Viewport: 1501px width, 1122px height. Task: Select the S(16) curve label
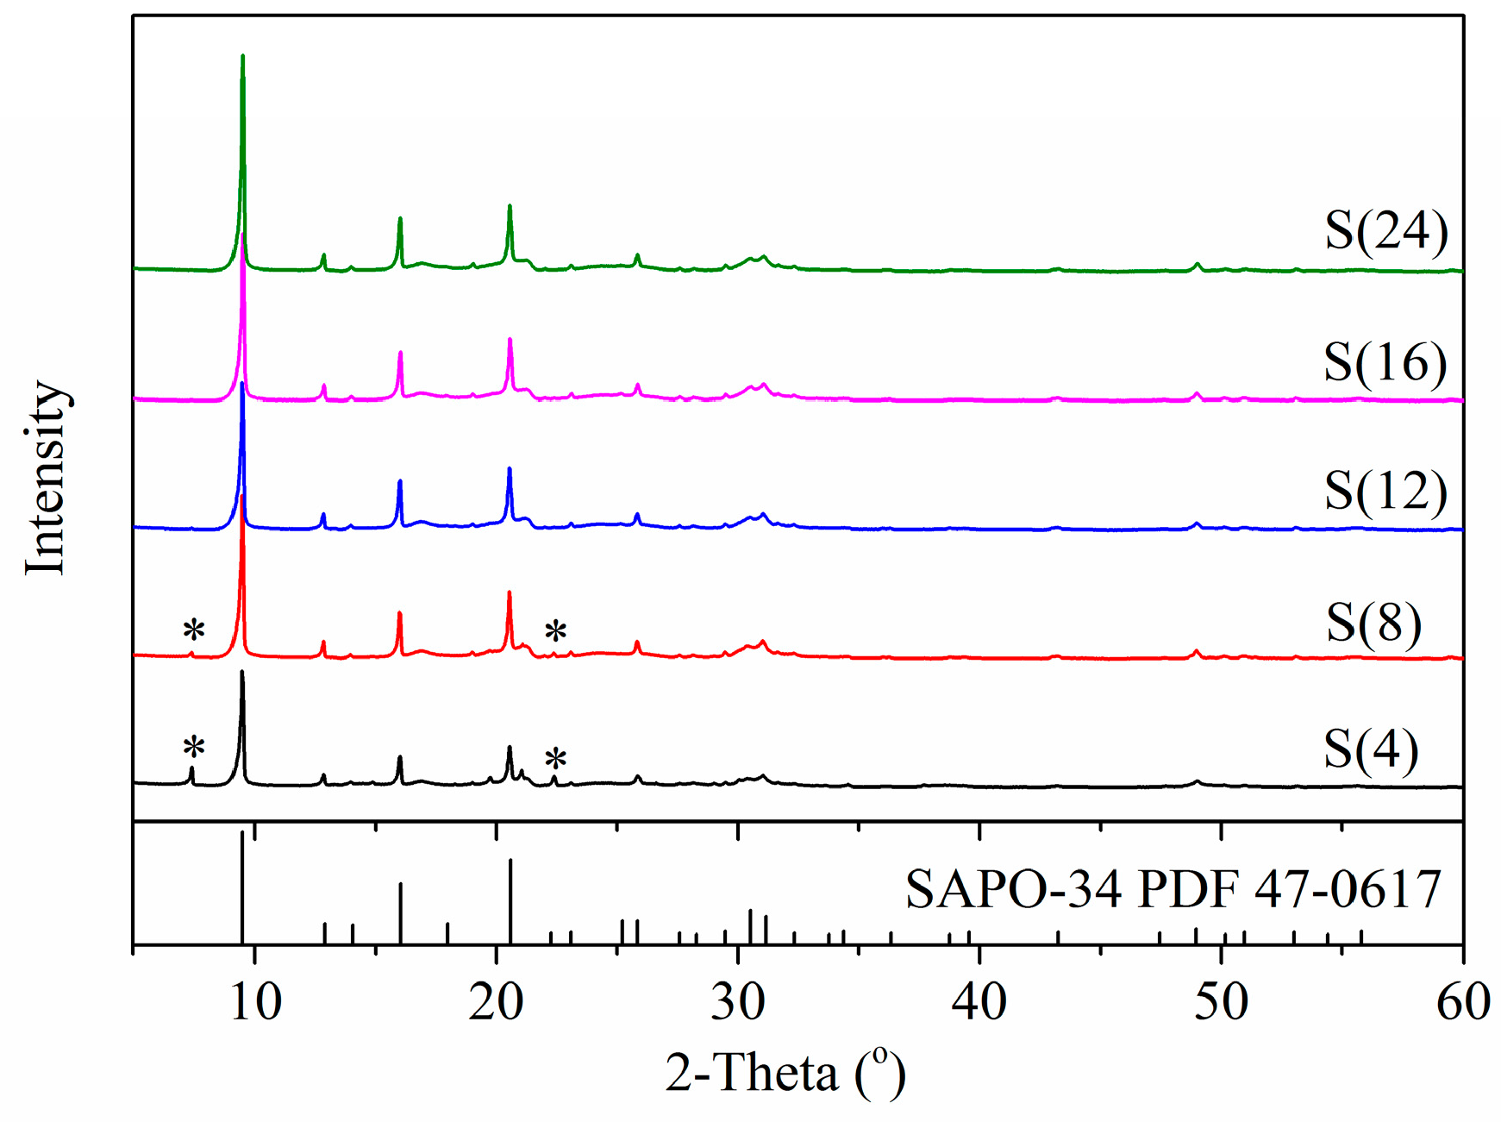click(x=1385, y=361)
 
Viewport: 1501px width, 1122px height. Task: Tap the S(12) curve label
click(x=1385, y=491)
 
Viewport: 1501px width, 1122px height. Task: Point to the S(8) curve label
click(x=1373, y=622)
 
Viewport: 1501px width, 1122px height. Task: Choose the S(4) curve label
click(x=1371, y=749)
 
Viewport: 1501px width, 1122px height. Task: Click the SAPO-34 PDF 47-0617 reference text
click(x=1173, y=889)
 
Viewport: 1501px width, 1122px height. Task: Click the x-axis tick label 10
click(x=255, y=1002)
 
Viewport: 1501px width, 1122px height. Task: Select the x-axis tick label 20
click(x=497, y=1002)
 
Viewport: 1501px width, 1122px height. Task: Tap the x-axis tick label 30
click(x=738, y=1002)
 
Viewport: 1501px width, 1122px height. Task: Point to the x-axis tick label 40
click(x=979, y=1002)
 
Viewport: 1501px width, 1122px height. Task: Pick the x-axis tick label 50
click(x=1221, y=1002)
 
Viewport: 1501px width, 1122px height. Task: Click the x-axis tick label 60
click(x=1462, y=1002)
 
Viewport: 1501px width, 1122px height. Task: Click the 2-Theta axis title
click(x=785, y=1074)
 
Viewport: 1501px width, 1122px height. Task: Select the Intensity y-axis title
click(x=46, y=477)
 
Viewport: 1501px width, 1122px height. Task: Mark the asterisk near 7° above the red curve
click(x=193, y=630)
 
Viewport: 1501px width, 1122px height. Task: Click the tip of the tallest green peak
click(x=242, y=56)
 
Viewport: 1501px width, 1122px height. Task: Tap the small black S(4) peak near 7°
click(x=191, y=768)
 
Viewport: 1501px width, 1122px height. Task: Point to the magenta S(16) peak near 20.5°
click(x=510, y=340)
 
